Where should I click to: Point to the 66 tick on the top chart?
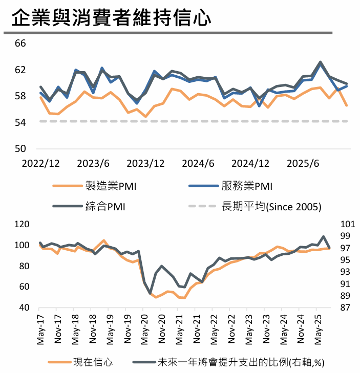[20, 43]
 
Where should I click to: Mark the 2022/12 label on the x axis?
[40, 164]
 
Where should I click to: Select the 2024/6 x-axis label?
[198, 164]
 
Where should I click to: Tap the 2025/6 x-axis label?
[303, 164]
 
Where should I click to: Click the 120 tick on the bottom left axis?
[22, 224]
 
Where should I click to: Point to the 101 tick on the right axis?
[347, 224]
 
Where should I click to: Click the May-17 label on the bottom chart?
[40, 329]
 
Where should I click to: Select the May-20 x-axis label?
[145, 329]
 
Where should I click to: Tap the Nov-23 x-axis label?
[267, 329]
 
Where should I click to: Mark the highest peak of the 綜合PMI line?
[321, 62]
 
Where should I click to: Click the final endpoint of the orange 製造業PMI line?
[347, 105]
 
